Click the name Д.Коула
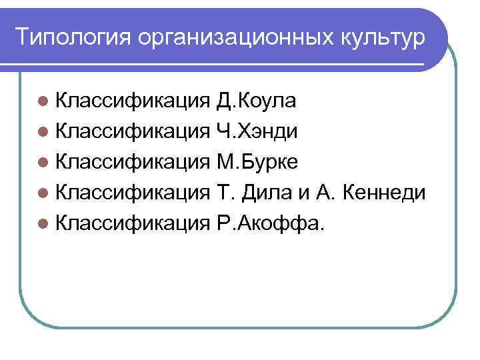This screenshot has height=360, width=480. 257,101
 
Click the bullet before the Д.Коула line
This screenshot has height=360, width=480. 43,102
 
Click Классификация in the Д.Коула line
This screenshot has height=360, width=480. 133,101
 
